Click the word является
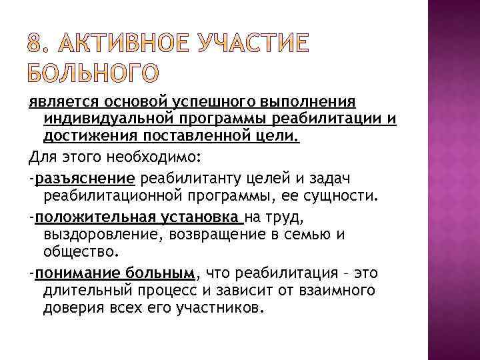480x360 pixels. click(56, 101)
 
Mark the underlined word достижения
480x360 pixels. click(83, 136)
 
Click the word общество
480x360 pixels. click(80, 253)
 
